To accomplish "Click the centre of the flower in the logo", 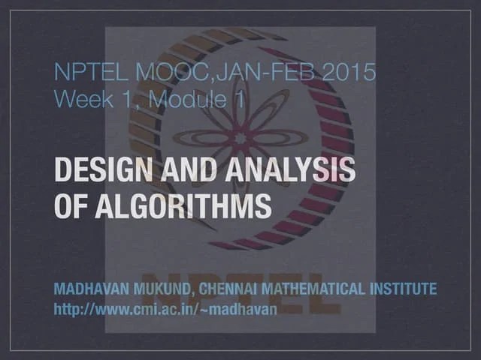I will (x=240, y=138).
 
